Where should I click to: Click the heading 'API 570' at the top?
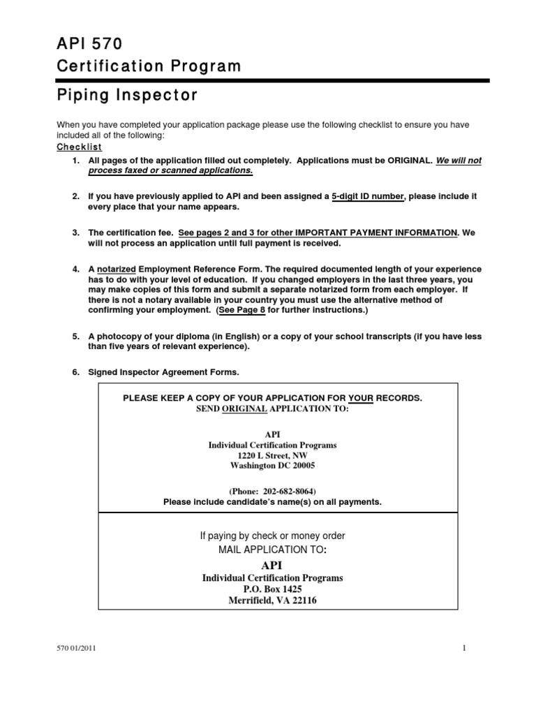89,44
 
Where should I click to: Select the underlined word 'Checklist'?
79,147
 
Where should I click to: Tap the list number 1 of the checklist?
75,161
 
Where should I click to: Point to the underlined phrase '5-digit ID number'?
367,197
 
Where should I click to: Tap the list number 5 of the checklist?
75,337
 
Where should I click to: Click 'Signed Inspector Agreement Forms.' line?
163,373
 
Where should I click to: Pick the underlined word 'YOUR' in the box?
361,398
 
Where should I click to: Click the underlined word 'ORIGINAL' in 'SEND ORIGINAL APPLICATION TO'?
244,408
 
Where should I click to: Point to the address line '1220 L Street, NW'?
273,455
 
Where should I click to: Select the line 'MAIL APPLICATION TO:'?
273,551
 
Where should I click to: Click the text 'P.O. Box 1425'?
272,589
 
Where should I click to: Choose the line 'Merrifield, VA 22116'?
272,600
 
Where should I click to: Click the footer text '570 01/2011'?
76,649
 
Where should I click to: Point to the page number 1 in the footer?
463,649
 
